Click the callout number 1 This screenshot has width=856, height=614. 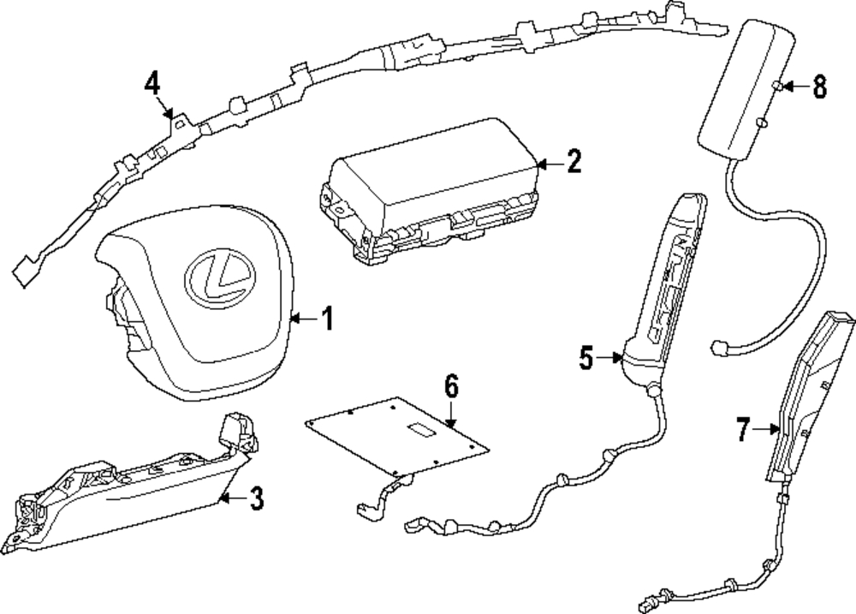coord(327,319)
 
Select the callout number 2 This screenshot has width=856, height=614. coord(574,162)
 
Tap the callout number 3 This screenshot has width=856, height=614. coord(257,498)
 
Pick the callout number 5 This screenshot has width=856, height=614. coord(586,358)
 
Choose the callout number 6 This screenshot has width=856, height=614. coord(451,386)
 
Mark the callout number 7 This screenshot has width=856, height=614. coord(743,429)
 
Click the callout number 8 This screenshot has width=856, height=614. coord(819,86)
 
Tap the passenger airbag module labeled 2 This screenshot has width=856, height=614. coord(431,188)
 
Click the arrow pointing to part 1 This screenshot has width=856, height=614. coord(303,319)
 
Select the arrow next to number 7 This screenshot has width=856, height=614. coord(766,429)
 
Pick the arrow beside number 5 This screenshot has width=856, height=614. coord(609,358)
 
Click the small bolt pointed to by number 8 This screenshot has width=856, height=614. coord(776,86)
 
